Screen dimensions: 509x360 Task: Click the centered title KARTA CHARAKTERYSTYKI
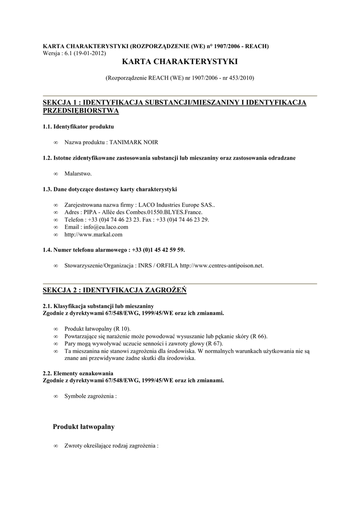(x=180, y=62)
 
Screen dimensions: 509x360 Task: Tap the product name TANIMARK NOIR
(x=134, y=142)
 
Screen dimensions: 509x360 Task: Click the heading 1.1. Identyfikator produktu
(x=78, y=127)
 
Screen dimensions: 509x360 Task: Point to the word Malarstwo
(x=78, y=173)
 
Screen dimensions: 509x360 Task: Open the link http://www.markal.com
(x=93, y=235)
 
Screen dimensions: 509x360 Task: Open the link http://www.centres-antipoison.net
(x=221, y=266)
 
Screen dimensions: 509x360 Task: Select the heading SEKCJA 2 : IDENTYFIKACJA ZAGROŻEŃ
(x=114, y=290)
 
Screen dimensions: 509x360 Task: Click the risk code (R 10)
(x=122, y=329)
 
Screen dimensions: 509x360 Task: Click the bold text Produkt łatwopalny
(x=84, y=427)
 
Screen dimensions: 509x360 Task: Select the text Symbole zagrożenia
(x=90, y=397)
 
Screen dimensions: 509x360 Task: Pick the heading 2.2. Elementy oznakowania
(x=78, y=373)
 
